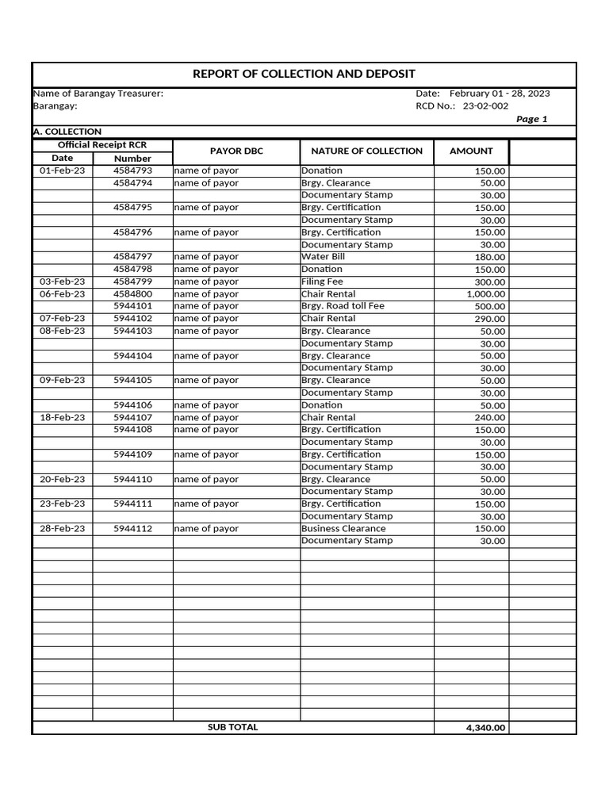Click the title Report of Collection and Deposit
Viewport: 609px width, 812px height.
point(304,74)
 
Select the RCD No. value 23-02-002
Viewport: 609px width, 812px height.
point(485,106)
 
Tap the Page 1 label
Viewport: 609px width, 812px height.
point(531,119)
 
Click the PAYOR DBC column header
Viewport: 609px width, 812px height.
point(236,151)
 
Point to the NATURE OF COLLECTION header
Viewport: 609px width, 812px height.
point(366,151)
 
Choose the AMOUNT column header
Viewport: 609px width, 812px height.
point(471,151)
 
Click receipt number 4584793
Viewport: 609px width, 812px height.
point(132,170)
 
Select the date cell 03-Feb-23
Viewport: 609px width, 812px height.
point(63,282)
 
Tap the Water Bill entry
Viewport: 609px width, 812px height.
point(323,257)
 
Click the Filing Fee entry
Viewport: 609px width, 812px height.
point(322,282)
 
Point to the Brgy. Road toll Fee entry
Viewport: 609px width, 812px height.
point(343,306)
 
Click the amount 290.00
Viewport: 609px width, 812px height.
point(491,319)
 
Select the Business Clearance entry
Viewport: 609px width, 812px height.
point(343,528)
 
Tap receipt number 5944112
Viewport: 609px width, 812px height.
point(132,528)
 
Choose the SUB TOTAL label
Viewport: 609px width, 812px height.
point(232,727)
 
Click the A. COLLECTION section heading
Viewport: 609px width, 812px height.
point(67,132)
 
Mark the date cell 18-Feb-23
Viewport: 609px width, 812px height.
point(63,417)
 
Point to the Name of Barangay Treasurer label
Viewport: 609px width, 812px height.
point(98,94)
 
